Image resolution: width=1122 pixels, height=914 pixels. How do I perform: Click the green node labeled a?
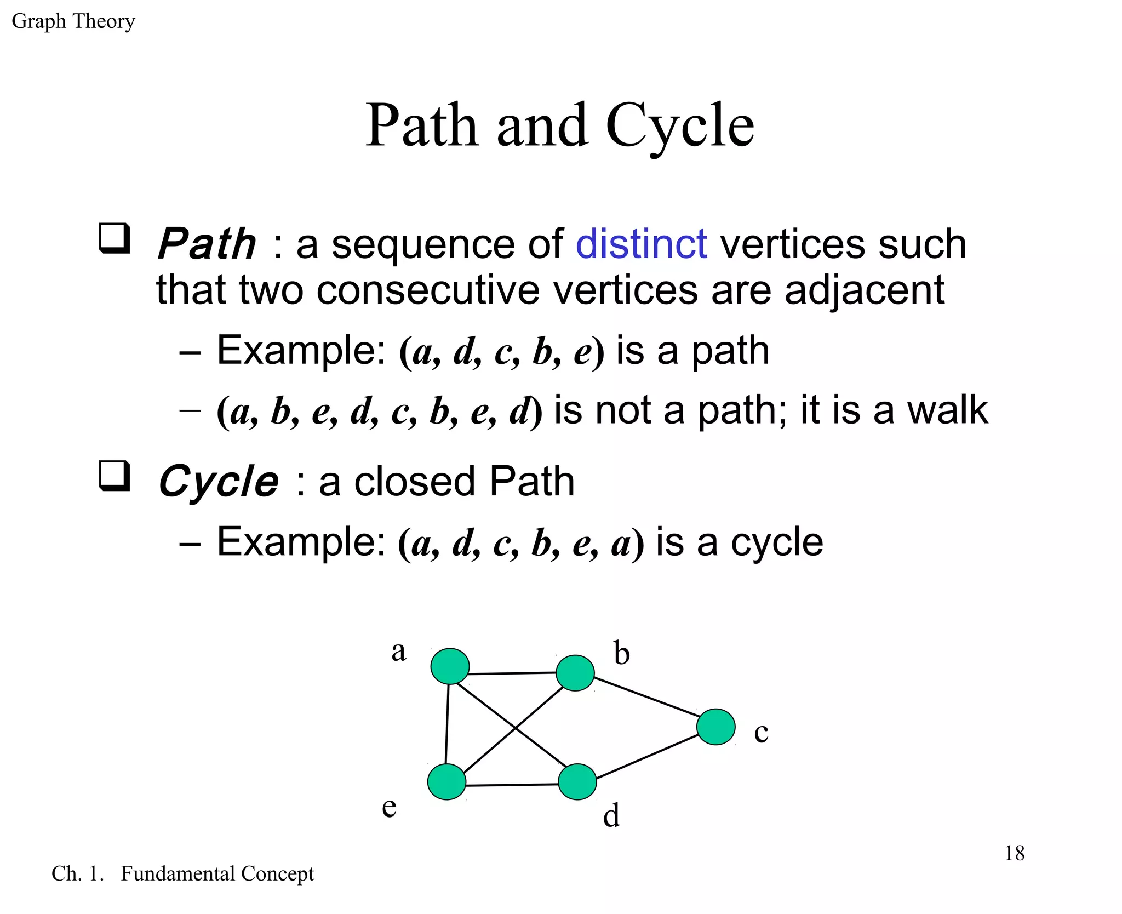450,666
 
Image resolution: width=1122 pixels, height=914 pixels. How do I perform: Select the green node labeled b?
575,672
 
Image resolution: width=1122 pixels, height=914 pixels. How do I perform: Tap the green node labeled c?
715,727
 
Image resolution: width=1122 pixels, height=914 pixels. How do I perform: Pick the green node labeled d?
577,782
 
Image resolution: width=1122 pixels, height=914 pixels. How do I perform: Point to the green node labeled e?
446,782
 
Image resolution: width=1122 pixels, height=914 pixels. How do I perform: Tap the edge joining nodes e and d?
512,785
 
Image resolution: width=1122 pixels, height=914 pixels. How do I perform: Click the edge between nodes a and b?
512,673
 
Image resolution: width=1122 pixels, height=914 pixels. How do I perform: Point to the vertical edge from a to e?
448,723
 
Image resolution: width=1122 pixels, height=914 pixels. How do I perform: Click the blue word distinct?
641,244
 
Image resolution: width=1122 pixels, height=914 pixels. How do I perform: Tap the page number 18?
1014,853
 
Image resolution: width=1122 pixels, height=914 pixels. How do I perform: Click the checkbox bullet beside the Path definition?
114,238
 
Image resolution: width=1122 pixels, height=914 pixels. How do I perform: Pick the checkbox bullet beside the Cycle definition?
114,476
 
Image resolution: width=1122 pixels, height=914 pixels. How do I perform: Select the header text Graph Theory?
73,21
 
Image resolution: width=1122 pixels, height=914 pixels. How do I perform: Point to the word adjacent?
864,290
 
